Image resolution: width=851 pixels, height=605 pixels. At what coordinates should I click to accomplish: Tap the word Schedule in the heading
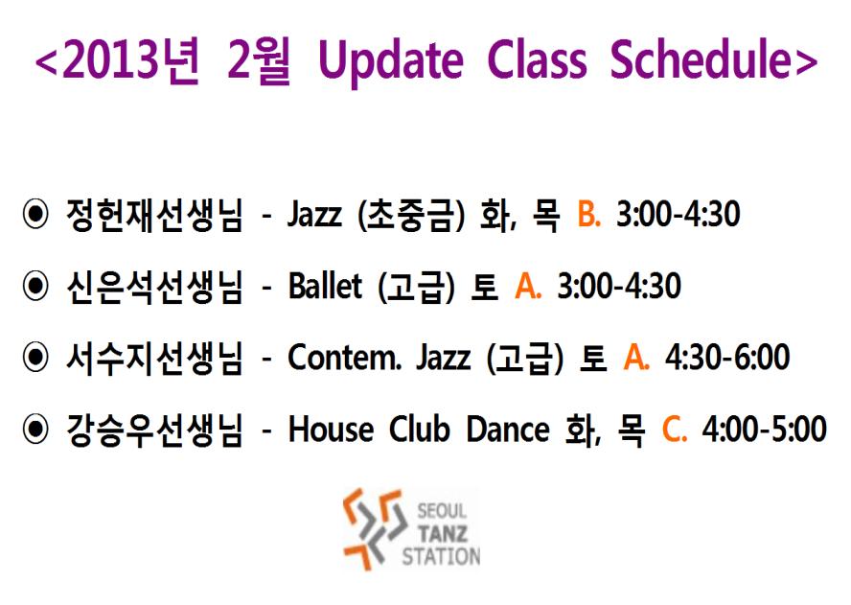701,58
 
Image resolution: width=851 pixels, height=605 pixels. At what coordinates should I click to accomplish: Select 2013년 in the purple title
130,60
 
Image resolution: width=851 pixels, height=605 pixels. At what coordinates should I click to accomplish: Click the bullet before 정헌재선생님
35,214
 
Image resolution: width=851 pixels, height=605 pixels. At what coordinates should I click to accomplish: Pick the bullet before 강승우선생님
35,429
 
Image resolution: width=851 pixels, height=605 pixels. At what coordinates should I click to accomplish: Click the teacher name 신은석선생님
154,287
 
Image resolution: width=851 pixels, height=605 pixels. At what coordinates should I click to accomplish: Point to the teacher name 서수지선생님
154,358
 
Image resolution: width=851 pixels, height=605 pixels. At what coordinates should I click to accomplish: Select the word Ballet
325,286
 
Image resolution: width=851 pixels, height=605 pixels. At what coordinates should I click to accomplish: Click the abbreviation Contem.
345,358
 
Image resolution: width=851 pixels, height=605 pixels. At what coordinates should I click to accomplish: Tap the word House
331,430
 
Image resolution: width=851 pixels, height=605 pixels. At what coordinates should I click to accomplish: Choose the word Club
420,429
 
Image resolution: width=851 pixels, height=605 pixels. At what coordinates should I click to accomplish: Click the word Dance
508,430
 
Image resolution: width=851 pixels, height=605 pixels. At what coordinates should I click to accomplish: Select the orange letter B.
588,214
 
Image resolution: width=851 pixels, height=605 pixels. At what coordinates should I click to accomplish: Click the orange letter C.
675,430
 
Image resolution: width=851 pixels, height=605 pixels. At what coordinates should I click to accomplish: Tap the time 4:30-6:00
727,358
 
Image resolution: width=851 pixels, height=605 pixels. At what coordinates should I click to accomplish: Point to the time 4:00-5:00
764,430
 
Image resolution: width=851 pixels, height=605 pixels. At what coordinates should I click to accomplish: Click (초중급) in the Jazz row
411,215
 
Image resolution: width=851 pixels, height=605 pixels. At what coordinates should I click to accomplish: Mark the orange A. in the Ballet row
528,286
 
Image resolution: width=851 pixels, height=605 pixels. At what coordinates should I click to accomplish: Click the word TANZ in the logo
443,534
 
